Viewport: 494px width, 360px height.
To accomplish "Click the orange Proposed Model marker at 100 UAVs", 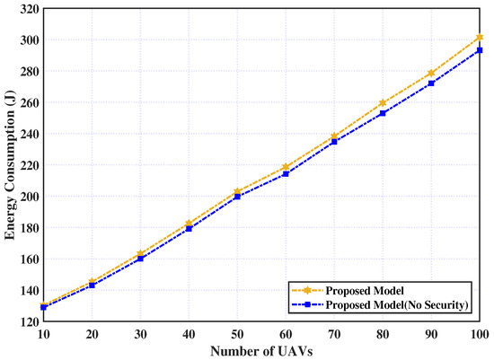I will pyautogui.click(x=480, y=38).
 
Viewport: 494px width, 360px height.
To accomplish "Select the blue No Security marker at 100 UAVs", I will pyautogui.click(x=480, y=50).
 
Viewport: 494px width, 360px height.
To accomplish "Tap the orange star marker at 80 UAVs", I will pyautogui.click(x=383, y=103).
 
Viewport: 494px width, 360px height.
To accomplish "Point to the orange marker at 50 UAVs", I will pyautogui.click(x=237, y=192).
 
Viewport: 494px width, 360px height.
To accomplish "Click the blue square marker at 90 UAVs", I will pyautogui.click(x=431, y=83).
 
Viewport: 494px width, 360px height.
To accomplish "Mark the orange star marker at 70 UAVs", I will pyautogui.click(x=334, y=136).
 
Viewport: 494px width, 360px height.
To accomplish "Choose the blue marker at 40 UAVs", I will pyautogui.click(x=189, y=229).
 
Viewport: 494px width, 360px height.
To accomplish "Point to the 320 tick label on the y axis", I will pyautogui.click(x=29, y=9).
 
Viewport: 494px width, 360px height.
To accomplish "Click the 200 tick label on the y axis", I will pyautogui.click(x=29, y=197).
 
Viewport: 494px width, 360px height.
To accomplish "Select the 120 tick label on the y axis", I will pyautogui.click(x=29, y=321).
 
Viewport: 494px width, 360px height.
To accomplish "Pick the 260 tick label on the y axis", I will pyautogui.click(x=29, y=103).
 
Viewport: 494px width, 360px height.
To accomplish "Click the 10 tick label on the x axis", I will pyautogui.click(x=43, y=334).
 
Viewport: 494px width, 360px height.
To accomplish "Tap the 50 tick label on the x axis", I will pyautogui.click(x=237, y=334).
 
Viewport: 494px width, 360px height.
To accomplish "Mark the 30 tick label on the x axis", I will pyautogui.click(x=140, y=334).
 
